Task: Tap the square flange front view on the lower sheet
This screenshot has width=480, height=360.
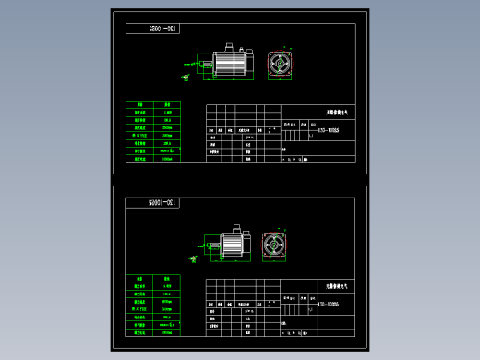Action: pos(275,244)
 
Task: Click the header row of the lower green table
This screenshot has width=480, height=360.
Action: pos(155,277)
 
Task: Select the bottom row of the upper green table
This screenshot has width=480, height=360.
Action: pos(155,160)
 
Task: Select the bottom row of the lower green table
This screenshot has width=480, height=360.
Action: pos(155,334)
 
